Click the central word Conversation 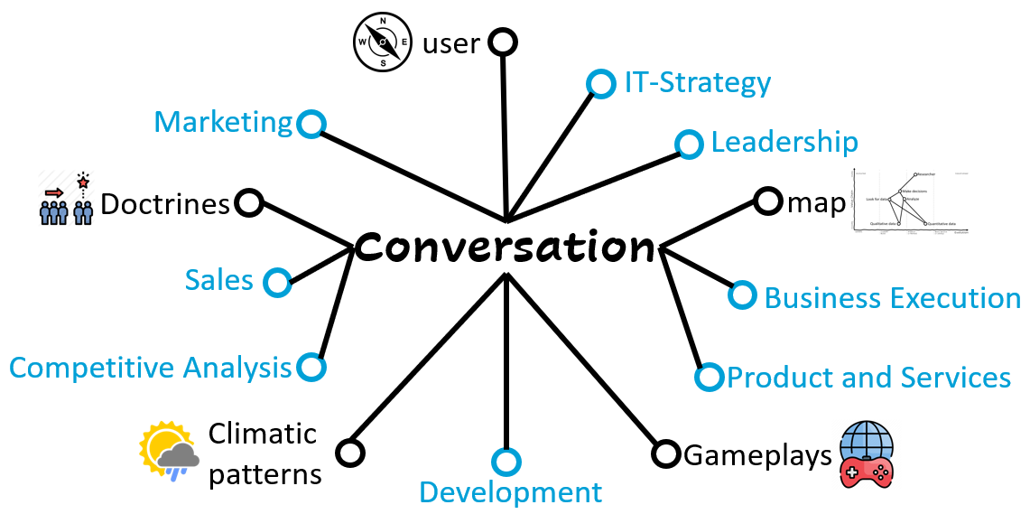pos(505,247)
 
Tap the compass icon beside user pos(383,42)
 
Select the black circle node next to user pos(503,42)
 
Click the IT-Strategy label pos(698,83)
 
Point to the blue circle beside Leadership pos(689,145)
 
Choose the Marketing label pos(224,122)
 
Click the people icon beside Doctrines pos(67,198)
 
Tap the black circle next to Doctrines pos(249,202)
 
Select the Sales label pos(219,280)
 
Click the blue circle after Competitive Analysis pos(311,368)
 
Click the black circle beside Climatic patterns pos(349,452)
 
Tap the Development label pos(510,492)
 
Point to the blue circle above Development pos(506,463)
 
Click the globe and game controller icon pos(866,455)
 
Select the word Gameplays pos(756,455)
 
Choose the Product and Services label pos(868,378)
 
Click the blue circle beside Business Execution pos(742,294)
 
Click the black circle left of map pos(766,201)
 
